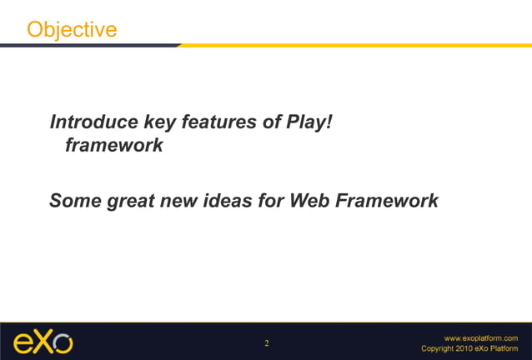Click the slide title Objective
(x=72, y=29)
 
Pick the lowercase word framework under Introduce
(x=113, y=146)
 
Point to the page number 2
(x=267, y=342)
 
